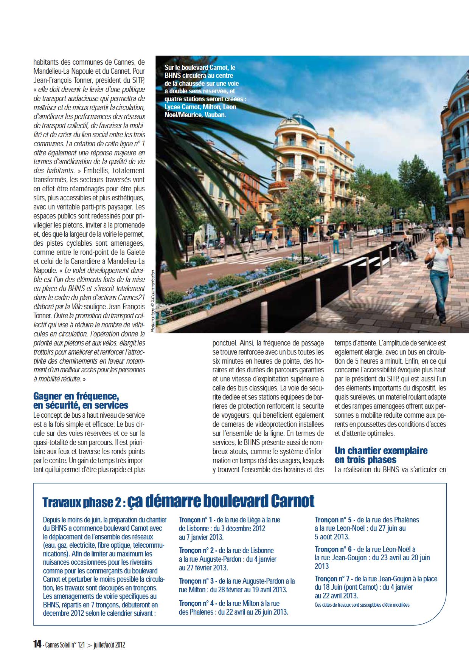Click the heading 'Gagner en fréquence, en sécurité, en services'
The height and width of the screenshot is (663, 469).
(81, 401)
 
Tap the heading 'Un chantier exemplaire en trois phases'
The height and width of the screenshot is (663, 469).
(381, 455)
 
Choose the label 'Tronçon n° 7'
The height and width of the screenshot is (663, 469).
(333, 579)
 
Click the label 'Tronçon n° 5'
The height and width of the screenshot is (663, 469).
(333, 520)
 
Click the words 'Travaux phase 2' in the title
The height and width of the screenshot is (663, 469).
(82, 502)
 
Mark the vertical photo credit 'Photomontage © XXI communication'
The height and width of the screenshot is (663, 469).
(152, 301)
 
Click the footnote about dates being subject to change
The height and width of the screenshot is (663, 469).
(362, 605)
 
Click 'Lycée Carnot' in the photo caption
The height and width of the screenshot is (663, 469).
(180, 107)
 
